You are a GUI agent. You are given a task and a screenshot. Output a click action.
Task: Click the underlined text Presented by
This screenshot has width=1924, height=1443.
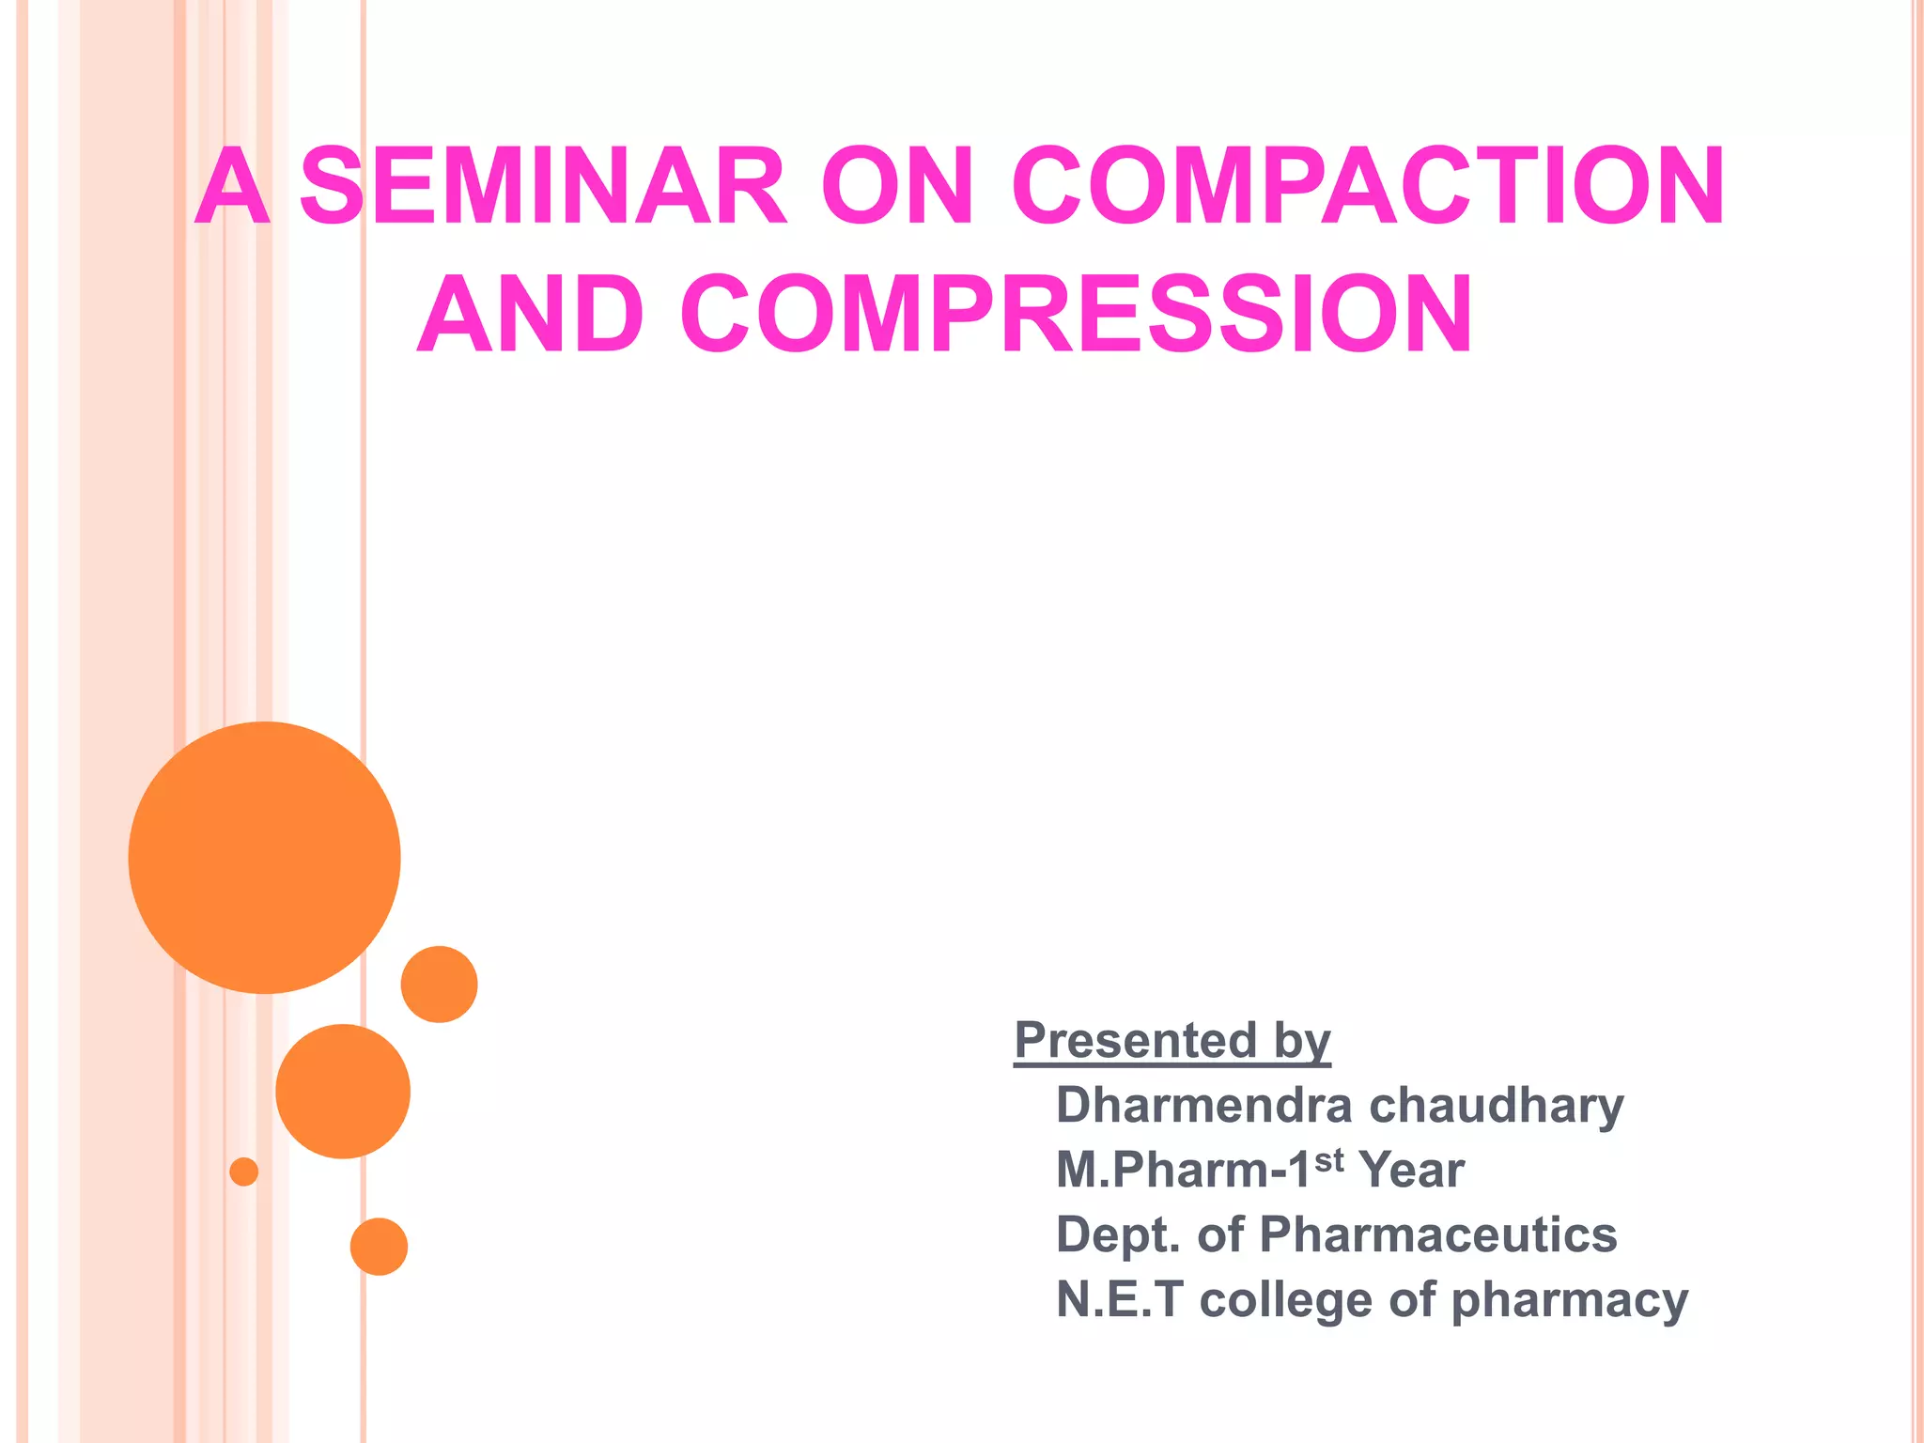coord(1172,1041)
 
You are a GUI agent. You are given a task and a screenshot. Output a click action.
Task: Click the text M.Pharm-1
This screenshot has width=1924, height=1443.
coord(1183,1171)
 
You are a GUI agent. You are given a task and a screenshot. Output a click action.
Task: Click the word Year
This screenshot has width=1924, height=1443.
coord(1412,1171)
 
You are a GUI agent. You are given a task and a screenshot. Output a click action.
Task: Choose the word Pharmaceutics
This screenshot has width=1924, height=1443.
coord(1437,1234)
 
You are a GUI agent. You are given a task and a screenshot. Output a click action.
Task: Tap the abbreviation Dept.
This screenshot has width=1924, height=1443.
coord(1117,1236)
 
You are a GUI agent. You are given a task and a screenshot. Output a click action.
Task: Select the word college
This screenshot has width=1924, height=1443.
coord(1285,1301)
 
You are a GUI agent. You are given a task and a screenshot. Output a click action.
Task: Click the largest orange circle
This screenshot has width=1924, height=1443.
coord(265,858)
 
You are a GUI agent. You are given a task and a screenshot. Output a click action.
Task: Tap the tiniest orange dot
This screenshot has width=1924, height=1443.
coord(244,1171)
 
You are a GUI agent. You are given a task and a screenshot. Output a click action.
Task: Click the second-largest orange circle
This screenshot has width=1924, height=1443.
coord(343,1091)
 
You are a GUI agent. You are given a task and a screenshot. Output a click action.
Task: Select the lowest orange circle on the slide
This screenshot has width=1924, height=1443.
coord(379,1247)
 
